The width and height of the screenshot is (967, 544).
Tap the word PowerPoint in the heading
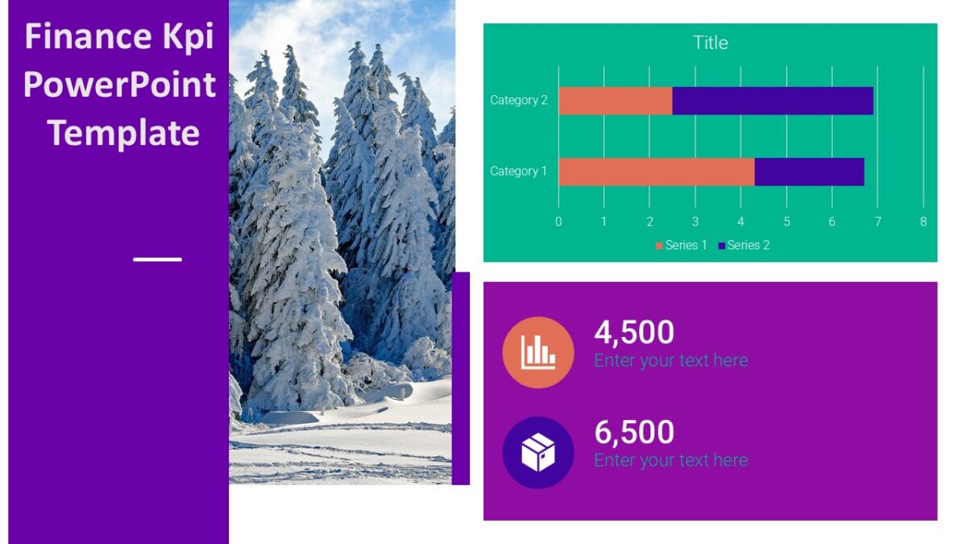(x=119, y=85)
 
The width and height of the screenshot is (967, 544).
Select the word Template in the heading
(x=123, y=133)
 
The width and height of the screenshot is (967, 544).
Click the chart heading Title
(x=710, y=43)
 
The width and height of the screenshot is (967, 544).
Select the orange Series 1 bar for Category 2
(x=615, y=101)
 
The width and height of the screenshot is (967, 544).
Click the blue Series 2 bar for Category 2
(x=772, y=101)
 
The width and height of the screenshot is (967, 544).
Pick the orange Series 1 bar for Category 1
(x=656, y=172)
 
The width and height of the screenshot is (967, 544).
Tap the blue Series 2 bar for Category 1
(x=809, y=172)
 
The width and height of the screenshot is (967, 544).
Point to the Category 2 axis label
(x=518, y=101)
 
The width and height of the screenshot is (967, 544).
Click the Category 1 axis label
(x=518, y=172)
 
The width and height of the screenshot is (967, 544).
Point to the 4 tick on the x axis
(x=741, y=222)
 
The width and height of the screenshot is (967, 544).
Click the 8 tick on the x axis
(x=923, y=222)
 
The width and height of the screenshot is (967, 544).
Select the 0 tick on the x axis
(x=558, y=222)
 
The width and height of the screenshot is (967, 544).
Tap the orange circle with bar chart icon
(x=537, y=352)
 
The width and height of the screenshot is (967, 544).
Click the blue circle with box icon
(x=537, y=452)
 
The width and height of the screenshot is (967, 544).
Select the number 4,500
(x=634, y=332)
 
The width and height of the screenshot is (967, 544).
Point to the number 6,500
(x=634, y=432)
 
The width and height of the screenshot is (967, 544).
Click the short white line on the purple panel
(x=157, y=260)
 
